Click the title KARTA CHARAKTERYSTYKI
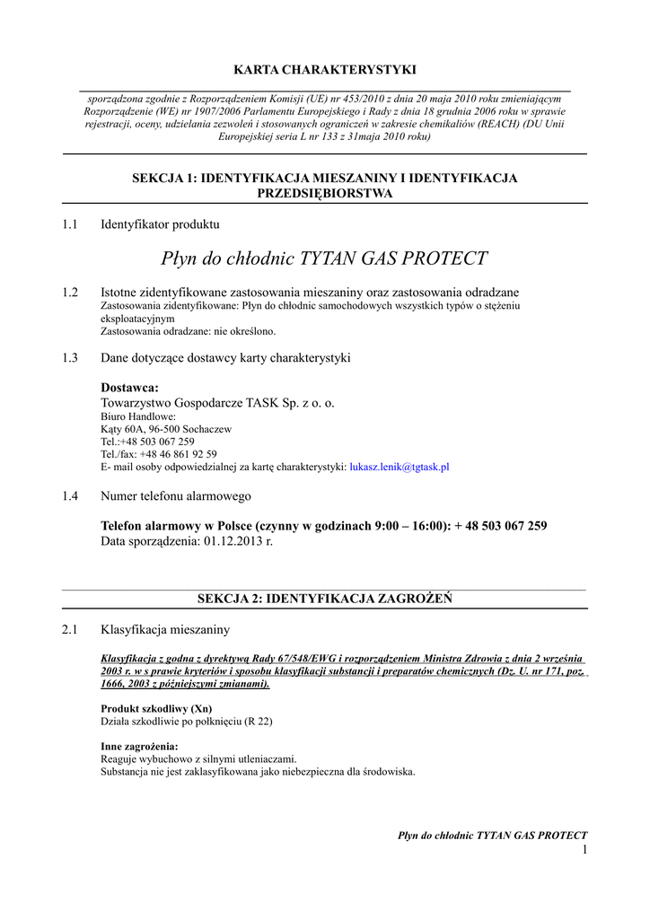(x=325, y=69)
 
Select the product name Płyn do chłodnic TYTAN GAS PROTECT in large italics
(x=325, y=258)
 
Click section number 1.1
(x=70, y=224)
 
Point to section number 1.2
(x=70, y=293)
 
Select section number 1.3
(x=70, y=357)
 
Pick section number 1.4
(x=70, y=495)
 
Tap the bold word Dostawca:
(x=129, y=387)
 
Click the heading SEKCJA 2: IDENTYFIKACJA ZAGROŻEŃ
(x=324, y=599)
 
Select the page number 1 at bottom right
(x=584, y=850)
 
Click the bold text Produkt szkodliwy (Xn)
(x=155, y=708)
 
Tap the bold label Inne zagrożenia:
(x=139, y=746)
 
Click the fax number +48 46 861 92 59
(x=175, y=454)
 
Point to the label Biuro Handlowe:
(x=138, y=416)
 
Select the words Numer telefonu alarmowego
(x=176, y=495)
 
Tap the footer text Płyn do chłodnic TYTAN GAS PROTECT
(x=492, y=836)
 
